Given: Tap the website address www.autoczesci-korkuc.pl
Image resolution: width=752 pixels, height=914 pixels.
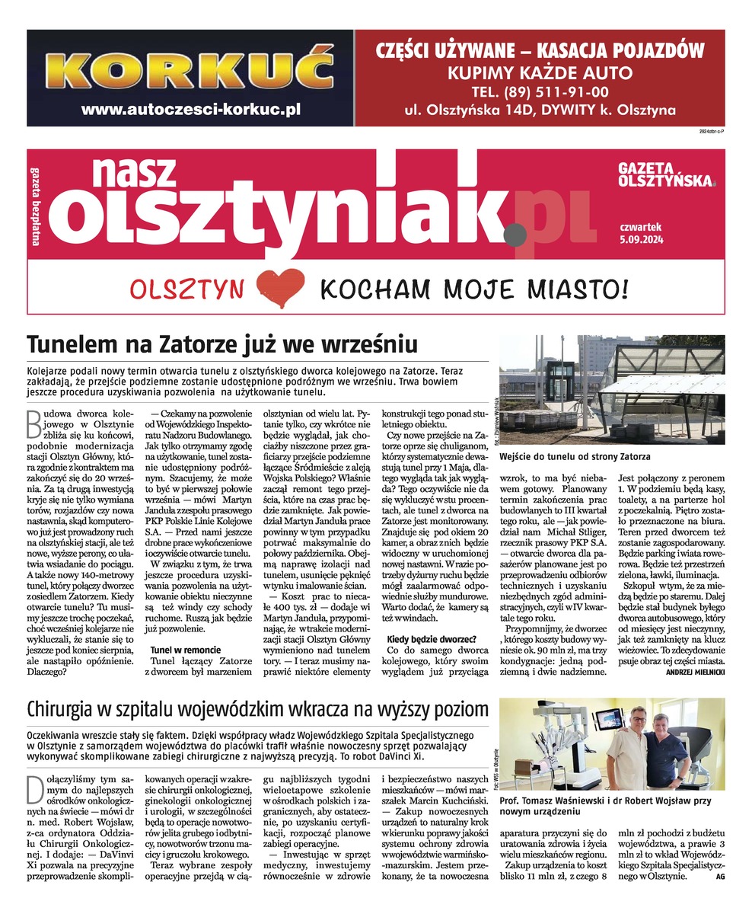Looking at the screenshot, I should click(x=190, y=109).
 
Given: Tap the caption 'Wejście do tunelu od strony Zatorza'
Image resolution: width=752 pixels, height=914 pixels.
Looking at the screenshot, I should click(x=575, y=456).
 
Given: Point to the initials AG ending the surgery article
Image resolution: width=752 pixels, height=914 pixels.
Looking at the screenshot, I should click(x=720, y=877).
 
